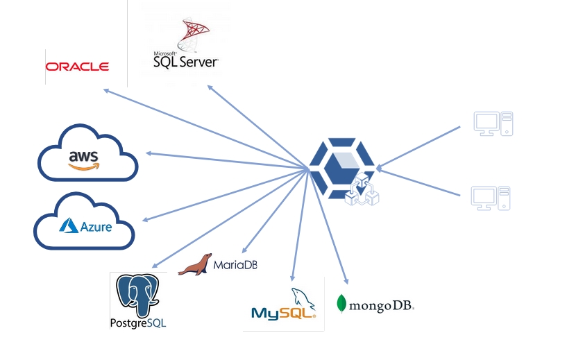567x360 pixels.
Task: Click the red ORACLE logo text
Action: [77, 67]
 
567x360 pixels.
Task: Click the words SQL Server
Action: [185, 62]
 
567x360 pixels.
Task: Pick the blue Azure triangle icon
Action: [69, 225]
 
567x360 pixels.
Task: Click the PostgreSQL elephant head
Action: [139, 295]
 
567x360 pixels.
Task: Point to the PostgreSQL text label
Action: [138, 323]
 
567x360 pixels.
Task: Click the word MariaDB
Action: [235, 265]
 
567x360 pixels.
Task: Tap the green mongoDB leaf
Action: [341, 303]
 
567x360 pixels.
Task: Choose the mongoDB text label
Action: [381, 305]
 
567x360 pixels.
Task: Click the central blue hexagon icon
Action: [341, 169]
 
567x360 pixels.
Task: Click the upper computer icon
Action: [493, 123]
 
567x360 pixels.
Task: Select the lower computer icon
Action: [491, 198]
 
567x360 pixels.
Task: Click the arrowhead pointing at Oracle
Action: [105, 89]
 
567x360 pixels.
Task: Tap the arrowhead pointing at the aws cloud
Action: [148, 153]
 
